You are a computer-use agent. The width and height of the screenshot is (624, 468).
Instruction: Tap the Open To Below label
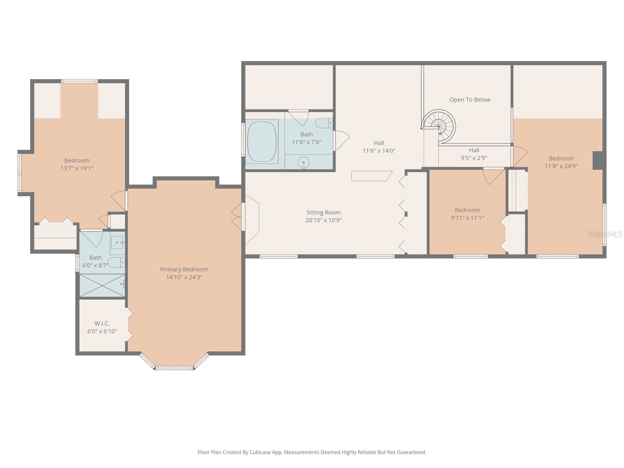pos(470,100)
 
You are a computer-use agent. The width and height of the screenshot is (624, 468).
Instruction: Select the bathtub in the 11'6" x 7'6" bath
pos(262,142)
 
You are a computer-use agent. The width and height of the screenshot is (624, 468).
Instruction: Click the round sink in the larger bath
pos(303,163)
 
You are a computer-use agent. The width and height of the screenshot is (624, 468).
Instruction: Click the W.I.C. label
pos(102,323)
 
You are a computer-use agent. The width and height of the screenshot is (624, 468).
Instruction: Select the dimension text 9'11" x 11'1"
pos(467,218)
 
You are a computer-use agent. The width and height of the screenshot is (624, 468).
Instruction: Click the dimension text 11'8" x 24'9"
pos(561,166)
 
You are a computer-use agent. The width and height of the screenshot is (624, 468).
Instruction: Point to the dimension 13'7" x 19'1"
pos(77,168)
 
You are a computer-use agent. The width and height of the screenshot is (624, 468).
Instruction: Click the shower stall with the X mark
pos(102,285)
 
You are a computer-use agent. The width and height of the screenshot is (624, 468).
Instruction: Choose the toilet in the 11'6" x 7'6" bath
pos(324,123)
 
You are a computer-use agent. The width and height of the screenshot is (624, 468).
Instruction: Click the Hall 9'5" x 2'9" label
pos(474,154)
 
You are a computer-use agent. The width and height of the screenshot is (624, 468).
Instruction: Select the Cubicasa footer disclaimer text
pos(312,452)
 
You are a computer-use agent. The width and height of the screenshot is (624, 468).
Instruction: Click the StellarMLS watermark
pos(604,234)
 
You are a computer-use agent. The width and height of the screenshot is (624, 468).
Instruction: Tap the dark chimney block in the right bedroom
pos(597,160)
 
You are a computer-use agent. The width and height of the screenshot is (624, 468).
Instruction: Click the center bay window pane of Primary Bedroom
pos(174,368)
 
